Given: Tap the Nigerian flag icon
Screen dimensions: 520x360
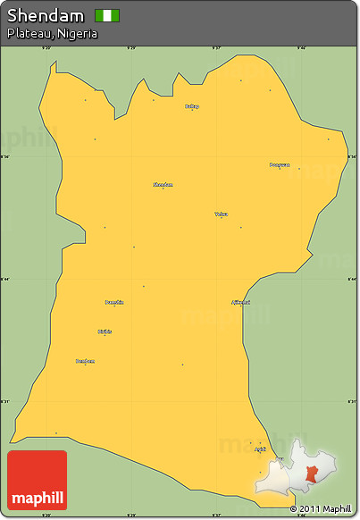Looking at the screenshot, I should [107, 15].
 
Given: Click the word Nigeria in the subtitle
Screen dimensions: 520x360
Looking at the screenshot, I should [76, 33].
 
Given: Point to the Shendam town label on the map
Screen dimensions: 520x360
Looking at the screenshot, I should [163, 184].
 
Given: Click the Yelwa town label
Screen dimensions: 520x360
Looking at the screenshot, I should [221, 214].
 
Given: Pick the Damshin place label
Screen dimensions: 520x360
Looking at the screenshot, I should [114, 302].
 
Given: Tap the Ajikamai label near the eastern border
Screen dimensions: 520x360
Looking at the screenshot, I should [240, 301].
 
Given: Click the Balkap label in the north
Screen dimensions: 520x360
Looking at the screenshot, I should [192, 105].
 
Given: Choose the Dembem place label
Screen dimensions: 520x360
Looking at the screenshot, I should [85, 360].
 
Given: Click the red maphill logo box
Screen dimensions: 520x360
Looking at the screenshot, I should [37, 480].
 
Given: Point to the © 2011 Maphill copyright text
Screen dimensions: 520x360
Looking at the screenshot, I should [321, 509].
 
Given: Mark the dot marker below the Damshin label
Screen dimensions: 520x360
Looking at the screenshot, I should [114, 306].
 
